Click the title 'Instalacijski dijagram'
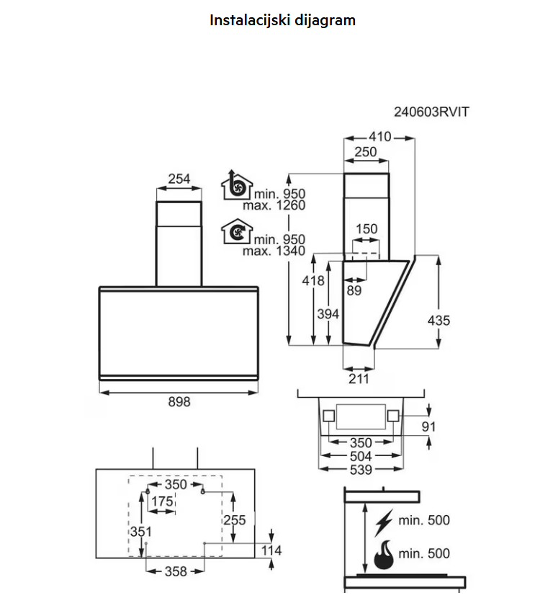click(282, 20)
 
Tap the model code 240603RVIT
click(431, 112)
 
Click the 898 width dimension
click(179, 402)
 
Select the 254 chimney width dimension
click(179, 179)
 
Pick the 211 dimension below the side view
click(358, 379)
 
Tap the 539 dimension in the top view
click(361, 470)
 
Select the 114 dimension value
click(271, 551)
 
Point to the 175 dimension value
click(162, 501)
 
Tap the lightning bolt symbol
click(385, 520)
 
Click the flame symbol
click(385, 553)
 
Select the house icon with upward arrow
click(235, 186)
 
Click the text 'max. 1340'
click(274, 251)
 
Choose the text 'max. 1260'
click(274, 205)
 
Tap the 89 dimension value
click(354, 290)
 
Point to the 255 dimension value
click(235, 519)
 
